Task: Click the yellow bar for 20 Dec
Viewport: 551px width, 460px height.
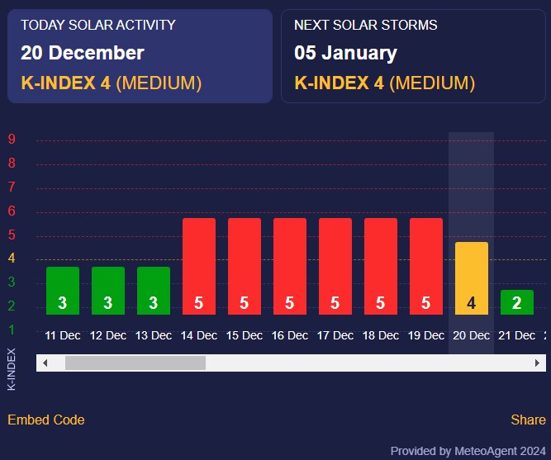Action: pyautogui.click(x=471, y=277)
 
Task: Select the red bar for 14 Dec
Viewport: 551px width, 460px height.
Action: pyautogui.click(x=198, y=266)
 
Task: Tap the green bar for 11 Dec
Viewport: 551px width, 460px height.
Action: pyautogui.click(x=63, y=290)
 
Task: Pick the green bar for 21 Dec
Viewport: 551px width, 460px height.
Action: pyautogui.click(x=516, y=301)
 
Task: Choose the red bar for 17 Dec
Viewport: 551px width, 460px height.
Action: pyautogui.click(x=335, y=266)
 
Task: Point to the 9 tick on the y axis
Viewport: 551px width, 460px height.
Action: pyautogui.click(x=12, y=140)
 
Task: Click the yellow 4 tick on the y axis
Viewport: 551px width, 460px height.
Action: pyautogui.click(x=12, y=258)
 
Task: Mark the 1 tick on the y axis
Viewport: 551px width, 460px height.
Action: pyautogui.click(x=12, y=330)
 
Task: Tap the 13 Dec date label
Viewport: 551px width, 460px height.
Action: pyautogui.click(x=154, y=335)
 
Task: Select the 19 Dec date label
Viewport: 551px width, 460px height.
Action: pyautogui.click(x=426, y=335)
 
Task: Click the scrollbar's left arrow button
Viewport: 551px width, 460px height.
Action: pyautogui.click(x=45, y=363)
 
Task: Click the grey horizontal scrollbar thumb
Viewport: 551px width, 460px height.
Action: pyautogui.click(x=135, y=363)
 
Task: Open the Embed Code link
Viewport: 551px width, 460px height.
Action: pyautogui.click(x=46, y=420)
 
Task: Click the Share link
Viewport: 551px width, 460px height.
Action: pyautogui.click(x=528, y=420)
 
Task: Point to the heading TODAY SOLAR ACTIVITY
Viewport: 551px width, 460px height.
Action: pyautogui.click(x=98, y=25)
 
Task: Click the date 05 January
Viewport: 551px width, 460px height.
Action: pyautogui.click(x=345, y=53)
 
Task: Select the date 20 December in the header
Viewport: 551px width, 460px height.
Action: pyautogui.click(x=83, y=53)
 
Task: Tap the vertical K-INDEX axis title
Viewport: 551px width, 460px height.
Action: pyautogui.click(x=12, y=369)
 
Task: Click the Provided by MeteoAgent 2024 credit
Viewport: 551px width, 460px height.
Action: pyautogui.click(x=468, y=451)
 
